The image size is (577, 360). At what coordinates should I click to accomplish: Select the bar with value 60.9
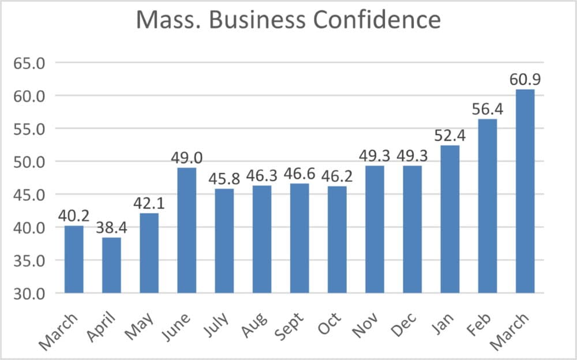coord(525,191)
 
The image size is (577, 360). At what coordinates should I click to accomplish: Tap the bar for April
coord(111,265)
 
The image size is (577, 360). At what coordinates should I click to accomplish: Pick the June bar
coord(186,230)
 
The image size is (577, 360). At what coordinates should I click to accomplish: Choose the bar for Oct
coord(337,239)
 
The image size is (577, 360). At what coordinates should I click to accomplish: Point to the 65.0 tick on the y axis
coord(29,63)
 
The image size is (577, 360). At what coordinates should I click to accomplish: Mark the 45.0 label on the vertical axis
coord(29,194)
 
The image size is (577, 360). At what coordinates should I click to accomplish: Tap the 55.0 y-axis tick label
coord(29,129)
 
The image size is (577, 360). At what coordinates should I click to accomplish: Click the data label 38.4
coord(111,227)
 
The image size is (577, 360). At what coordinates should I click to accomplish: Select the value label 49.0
coord(186,157)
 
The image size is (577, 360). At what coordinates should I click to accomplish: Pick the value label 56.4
coord(488,108)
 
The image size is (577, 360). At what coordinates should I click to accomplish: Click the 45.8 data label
coord(224,178)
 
